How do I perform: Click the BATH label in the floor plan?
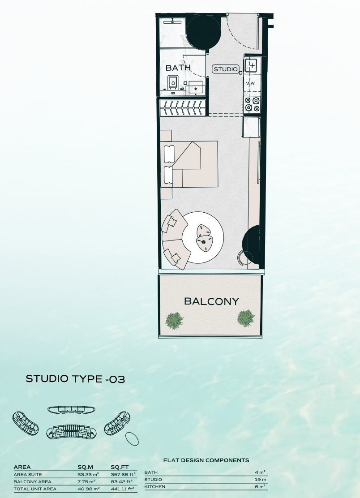(x=178, y=68)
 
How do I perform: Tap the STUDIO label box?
(x=226, y=69)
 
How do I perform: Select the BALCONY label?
(x=211, y=301)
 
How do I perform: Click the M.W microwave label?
(x=250, y=84)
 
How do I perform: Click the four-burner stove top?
(x=253, y=104)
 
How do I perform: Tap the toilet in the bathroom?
(x=173, y=82)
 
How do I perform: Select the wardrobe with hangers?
(x=183, y=107)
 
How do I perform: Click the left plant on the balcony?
(x=175, y=321)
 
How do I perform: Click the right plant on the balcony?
(x=246, y=318)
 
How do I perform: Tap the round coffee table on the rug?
(x=203, y=237)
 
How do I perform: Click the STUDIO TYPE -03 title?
(x=75, y=379)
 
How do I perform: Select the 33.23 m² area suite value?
(x=88, y=475)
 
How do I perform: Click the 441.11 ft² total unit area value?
(x=122, y=489)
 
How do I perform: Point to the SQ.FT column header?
(x=120, y=467)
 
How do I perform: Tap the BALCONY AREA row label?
(x=32, y=482)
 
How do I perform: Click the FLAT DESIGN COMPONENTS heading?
(x=206, y=460)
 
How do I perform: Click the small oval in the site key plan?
(x=132, y=438)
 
